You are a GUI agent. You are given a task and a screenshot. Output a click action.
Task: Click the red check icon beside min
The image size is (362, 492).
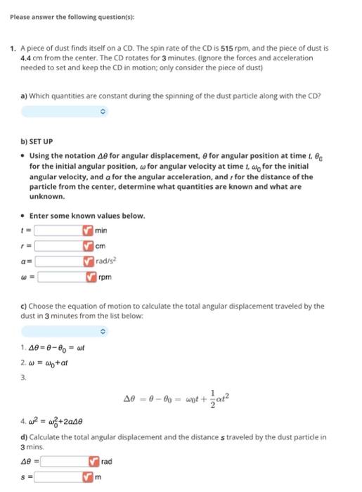coord(88,230)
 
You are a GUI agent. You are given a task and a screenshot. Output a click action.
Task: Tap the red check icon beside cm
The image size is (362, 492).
coord(88,245)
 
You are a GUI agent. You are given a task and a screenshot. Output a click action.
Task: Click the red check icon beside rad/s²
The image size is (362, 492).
coord(88,261)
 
